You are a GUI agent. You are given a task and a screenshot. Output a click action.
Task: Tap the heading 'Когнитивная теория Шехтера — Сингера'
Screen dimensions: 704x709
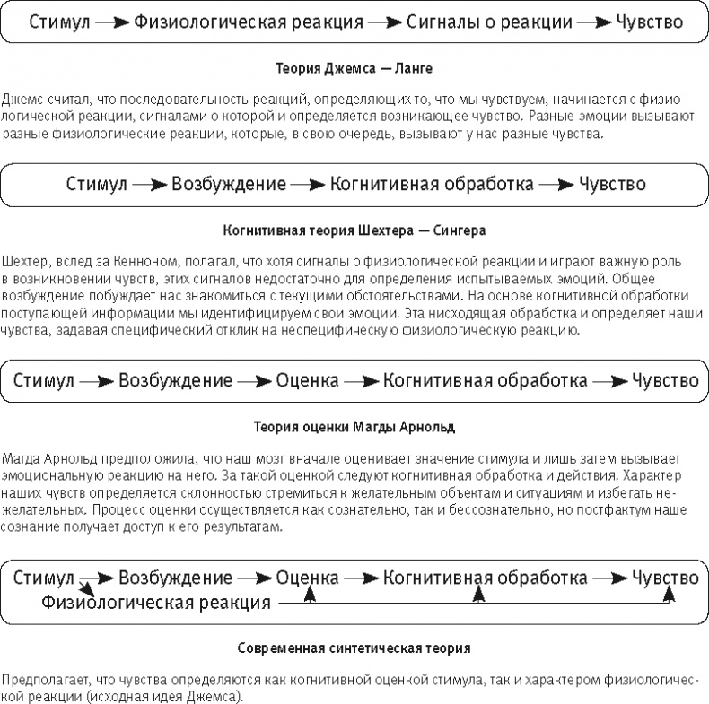pos(354,230)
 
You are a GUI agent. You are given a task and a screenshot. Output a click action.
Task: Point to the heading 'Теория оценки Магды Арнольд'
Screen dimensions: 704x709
pos(354,424)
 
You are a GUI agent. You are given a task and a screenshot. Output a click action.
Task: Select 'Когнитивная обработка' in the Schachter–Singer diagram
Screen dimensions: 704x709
pos(432,185)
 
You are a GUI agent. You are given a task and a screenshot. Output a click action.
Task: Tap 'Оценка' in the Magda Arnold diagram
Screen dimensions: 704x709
pos(308,379)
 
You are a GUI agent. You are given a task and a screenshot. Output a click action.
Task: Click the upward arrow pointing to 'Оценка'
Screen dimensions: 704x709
pos(308,593)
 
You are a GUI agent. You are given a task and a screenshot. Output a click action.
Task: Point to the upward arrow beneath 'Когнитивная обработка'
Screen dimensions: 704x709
pos(478,593)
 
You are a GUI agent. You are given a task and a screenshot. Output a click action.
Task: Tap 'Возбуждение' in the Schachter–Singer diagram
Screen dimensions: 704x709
pos(229,185)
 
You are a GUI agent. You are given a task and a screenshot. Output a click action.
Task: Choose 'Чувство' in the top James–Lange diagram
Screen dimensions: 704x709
pos(648,21)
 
